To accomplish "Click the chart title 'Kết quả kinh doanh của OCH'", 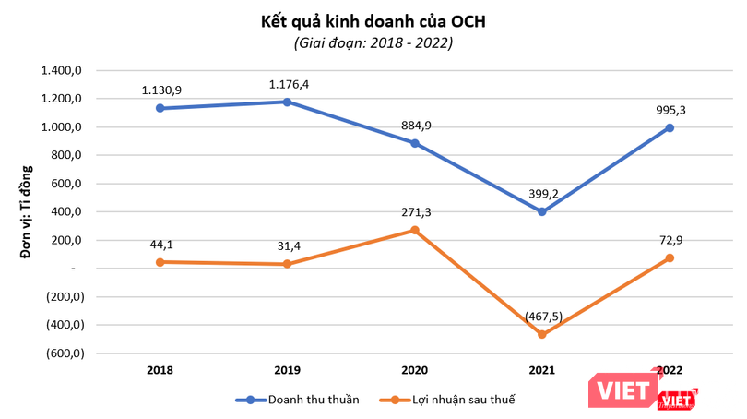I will (373, 19).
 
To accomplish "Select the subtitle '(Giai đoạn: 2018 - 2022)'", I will (373, 42).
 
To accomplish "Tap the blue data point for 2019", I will (287, 102).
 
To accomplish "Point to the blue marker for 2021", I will (542, 211).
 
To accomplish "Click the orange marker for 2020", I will (415, 230).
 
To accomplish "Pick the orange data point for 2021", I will (542, 334).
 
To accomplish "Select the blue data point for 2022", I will (670, 127).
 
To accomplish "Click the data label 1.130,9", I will (160, 90).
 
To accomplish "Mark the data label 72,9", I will (670, 239).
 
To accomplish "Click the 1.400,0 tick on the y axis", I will (62, 71).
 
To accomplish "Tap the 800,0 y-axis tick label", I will (67, 156).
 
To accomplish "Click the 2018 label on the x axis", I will (160, 370).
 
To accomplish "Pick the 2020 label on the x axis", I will (415, 370).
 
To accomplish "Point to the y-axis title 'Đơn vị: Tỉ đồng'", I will (28, 211).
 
